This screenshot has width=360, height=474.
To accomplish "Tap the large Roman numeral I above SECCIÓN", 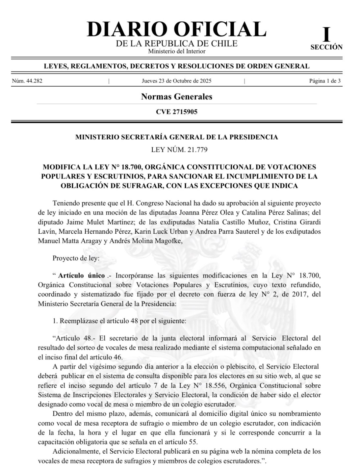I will pos(326,34).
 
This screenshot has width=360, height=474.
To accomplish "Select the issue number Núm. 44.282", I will pos(27,81).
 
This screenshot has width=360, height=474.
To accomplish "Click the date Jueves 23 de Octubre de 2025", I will pos(176,81).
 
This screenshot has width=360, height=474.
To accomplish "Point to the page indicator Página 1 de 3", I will pos(324,81).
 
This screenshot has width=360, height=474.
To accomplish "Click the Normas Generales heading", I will pos(176,96).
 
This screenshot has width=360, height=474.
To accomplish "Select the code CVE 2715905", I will pos(176,112).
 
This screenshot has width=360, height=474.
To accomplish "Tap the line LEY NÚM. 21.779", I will pos(179,150).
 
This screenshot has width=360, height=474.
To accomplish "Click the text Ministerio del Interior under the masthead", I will pos(176,51).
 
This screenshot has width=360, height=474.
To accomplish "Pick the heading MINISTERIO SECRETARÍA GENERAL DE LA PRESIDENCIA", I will pos(176,137).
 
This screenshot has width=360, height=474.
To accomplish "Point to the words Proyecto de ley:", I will pos(75,258).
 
